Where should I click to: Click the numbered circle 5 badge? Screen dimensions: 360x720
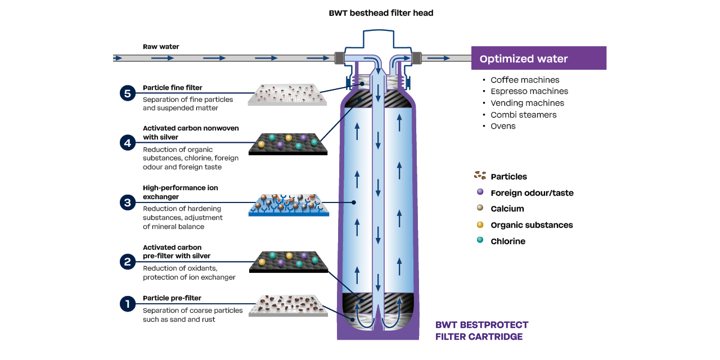[x=128, y=93]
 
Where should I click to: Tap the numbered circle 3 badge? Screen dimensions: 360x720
[x=128, y=202]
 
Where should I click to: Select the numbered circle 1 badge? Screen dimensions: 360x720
[x=128, y=304]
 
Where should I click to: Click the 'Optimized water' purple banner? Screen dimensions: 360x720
[x=538, y=58]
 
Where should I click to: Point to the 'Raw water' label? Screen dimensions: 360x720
[x=161, y=47]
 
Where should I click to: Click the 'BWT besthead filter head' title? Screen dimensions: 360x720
[x=381, y=13]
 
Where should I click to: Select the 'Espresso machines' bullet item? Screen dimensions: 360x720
[x=529, y=91]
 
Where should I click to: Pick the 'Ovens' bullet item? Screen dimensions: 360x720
[x=503, y=126]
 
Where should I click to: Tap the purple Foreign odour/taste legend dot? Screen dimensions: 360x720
[x=480, y=192]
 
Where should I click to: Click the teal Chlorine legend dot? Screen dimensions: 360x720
[x=480, y=240]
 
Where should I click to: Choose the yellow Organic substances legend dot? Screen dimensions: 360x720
[x=480, y=224]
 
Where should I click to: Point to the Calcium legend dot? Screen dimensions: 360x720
[x=480, y=208]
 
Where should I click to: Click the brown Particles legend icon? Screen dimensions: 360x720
[x=480, y=175]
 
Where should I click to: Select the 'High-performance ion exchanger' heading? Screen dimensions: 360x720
[x=180, y=192]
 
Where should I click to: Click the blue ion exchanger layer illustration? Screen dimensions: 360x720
[x=288, y=206]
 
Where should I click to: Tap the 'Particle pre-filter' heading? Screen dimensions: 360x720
[x=172, y=298]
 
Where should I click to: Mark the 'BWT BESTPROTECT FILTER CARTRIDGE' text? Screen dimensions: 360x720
[x=482, y=331]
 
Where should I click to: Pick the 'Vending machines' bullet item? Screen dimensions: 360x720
[x=527, y=103]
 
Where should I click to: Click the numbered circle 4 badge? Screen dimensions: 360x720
[x=128, y=143]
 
